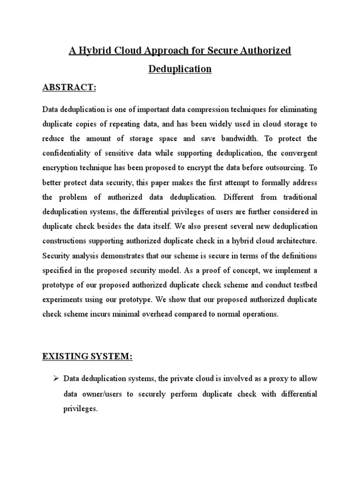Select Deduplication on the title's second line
tap(180, 69)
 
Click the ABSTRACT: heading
tap(69, 88)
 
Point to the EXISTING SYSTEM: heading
tap(88, 357)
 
